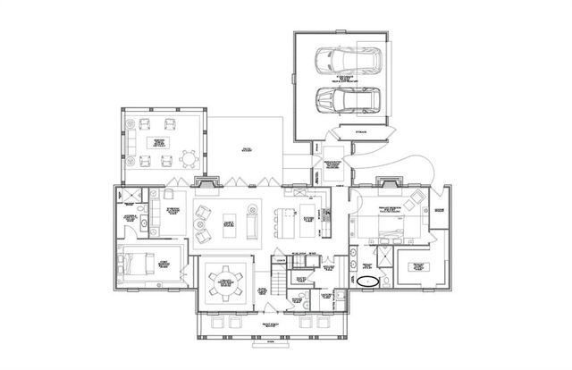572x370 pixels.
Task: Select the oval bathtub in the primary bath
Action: point(369,281)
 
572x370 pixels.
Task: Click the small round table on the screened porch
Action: point(188,159)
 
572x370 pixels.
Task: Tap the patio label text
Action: point(245,149)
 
